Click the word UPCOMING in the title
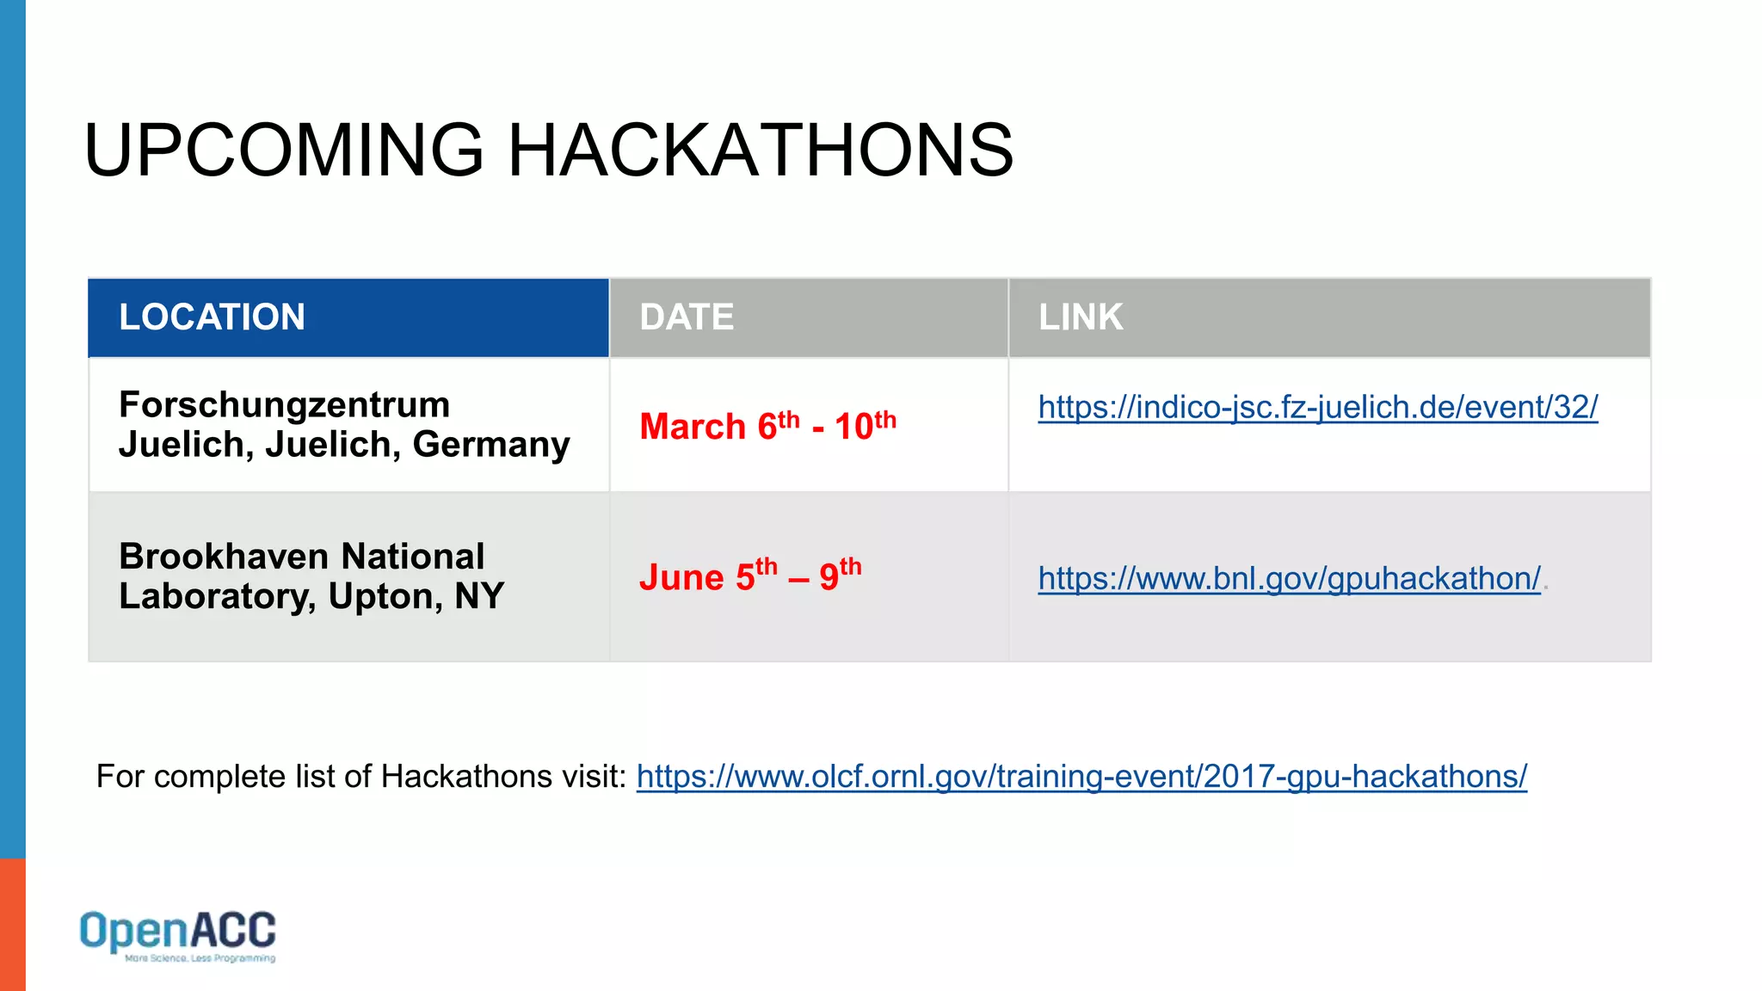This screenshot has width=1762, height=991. pos(284,151)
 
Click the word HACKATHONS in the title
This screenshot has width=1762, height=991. pos(761,151)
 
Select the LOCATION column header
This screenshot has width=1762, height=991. pos(212,317)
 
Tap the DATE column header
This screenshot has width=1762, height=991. pos(687,317)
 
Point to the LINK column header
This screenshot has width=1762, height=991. pos(1081,317)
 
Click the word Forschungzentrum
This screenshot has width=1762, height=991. pos(284,405)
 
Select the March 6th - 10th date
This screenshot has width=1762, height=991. pos(767,426)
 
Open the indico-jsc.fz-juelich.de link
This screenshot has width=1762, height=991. pos(1317,407)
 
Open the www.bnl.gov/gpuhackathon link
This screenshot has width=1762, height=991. pos(1289,578)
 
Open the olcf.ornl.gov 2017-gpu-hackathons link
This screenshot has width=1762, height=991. pos(1081,776)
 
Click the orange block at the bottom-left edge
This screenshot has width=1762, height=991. pos(12,924)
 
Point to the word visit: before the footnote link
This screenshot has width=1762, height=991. pos(595,776)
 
